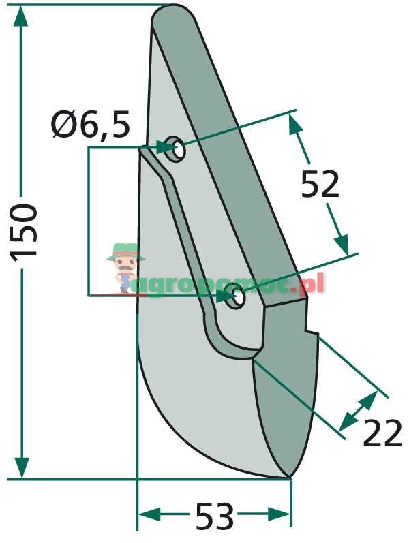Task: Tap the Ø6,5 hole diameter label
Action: [91, 125]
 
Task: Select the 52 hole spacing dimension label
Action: [320, 184]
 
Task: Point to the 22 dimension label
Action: [382, 433]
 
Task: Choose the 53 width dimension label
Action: [215, 516]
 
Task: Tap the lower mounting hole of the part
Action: [235, 296]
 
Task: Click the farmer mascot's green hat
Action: [125, 251]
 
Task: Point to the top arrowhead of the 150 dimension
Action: [21, 16]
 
